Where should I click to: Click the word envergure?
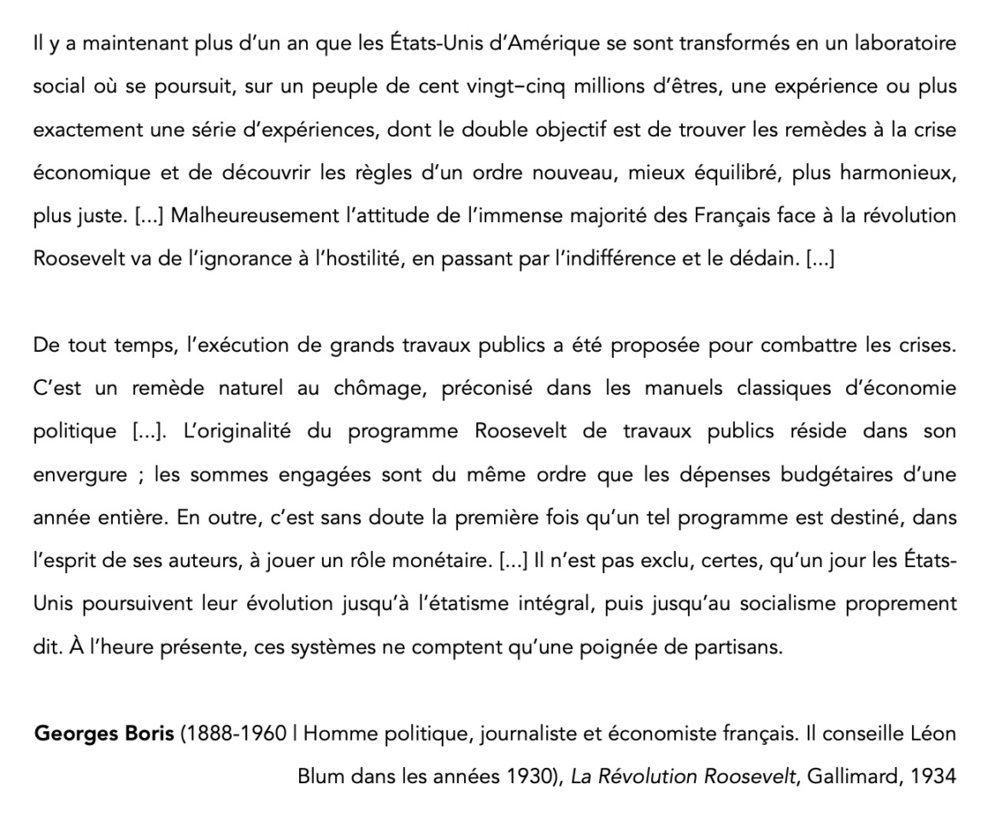click(x=79, y=474)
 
